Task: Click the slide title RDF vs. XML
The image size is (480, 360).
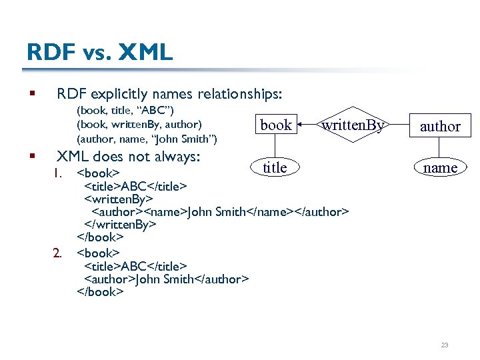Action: (99, 52)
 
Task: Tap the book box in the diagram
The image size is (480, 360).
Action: (276, 125)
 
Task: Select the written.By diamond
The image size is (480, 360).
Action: (352, 125)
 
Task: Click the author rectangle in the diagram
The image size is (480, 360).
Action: (440, 126)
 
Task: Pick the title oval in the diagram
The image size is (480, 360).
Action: (275, 168)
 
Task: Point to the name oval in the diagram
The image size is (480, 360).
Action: (440, 168)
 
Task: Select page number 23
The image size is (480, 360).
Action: (445, 345)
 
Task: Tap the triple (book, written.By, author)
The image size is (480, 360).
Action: (139, 124)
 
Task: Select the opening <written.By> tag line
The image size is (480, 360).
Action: (119, 199)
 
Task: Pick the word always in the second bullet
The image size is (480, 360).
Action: (179, 157)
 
